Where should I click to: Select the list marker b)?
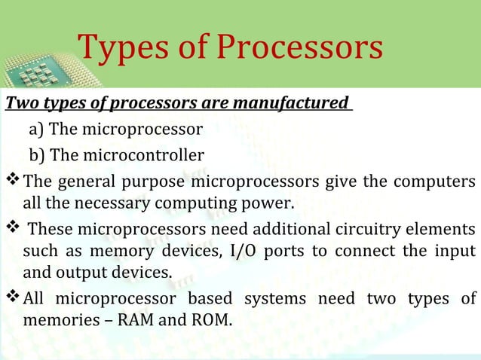[37, 156]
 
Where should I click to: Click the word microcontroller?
[141, 156]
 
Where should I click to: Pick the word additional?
[274, 230]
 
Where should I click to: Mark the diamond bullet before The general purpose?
[13, 182]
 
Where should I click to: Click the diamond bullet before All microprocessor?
[13, 299]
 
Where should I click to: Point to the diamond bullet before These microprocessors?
[13, 229]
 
